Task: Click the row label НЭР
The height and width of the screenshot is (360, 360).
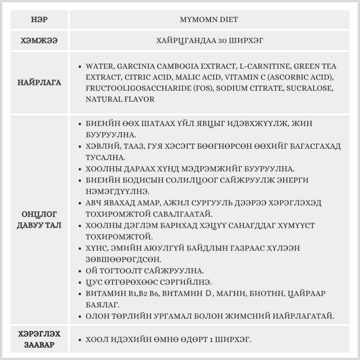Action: pyautogui.click(x=39, y=20)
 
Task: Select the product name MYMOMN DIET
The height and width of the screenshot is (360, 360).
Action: pyautogui.click(x=209, y=20)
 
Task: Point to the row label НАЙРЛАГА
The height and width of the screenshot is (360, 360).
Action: pyautogui.click(x=39, y=83)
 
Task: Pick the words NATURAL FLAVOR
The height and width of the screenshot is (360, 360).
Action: pyautogui.click(x=120, y=99)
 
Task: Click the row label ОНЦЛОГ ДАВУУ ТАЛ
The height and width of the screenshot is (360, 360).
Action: pyautogui.click(x=39, y=220)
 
